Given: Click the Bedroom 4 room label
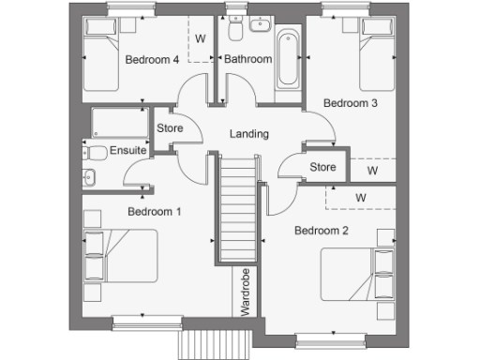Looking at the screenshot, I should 153,59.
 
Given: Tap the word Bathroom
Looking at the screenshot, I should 247,59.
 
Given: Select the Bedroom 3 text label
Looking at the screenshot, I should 351,103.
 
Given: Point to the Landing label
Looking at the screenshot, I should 249,134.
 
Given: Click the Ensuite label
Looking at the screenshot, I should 127,150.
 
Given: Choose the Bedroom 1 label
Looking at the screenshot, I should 154,212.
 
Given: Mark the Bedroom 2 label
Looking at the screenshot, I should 321,230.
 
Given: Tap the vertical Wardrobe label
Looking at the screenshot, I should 245,293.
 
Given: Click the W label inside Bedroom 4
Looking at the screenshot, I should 201,38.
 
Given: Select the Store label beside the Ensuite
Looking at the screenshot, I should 169,128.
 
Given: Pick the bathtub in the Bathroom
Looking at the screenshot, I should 286,59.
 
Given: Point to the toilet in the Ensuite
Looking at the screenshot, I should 97,153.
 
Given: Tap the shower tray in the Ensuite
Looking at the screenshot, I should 118,123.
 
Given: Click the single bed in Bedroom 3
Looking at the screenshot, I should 380,56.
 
